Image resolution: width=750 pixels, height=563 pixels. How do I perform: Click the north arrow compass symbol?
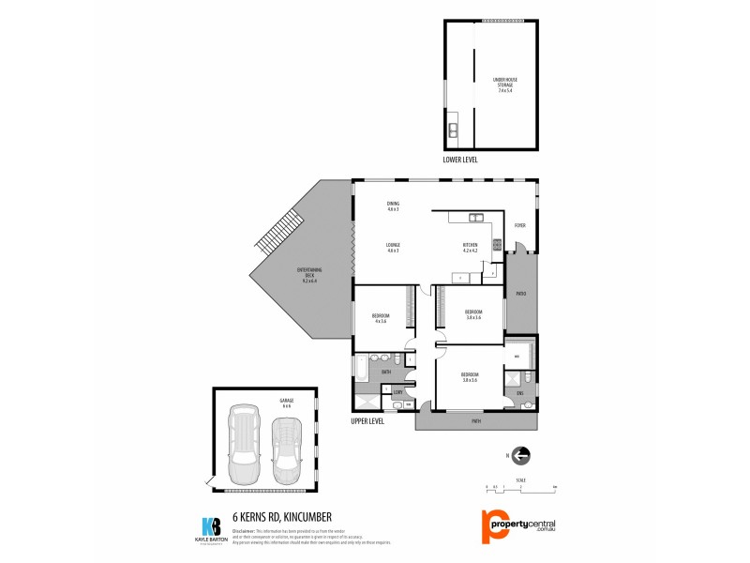coord(520,455)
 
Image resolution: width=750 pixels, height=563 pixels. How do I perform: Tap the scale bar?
coord(521,488)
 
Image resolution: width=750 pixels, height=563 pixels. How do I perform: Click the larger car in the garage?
coord(244,440)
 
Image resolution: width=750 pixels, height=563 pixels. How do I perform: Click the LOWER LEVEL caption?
coord(460,160)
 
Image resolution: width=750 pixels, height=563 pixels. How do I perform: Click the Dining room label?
coord(393,205)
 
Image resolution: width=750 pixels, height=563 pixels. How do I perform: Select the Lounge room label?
coord(393,248)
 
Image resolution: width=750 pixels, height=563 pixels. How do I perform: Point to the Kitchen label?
coord(470,248)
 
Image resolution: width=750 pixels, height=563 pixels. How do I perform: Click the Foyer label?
coord(519,225)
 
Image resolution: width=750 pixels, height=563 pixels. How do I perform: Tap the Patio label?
coord(520,295)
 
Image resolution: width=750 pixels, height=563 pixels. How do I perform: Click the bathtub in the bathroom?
coord(361,369)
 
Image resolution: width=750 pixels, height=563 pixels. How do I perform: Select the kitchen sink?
coord(475,219)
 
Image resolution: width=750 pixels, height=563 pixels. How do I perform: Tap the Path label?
coord(476,421)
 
